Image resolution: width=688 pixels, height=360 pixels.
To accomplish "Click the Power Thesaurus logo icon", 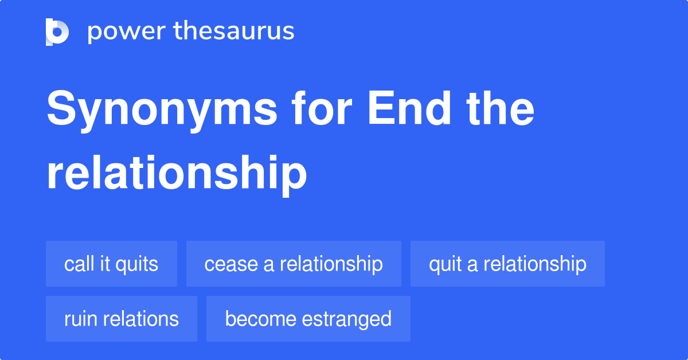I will tap(57, 32).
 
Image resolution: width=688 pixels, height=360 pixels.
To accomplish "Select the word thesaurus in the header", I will tap(234, 32).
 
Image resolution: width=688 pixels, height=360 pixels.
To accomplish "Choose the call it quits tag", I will tap(111, 264).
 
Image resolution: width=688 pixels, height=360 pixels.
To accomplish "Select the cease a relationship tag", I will tap(294, 264).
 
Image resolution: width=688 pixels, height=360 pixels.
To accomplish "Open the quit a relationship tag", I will tap(507, 264).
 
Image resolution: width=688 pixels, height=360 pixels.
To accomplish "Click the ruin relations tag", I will tap(122, 319).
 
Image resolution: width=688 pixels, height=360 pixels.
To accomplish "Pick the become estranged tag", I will tap(308, 319).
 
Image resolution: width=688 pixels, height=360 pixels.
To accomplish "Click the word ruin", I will tap(80, 319).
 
